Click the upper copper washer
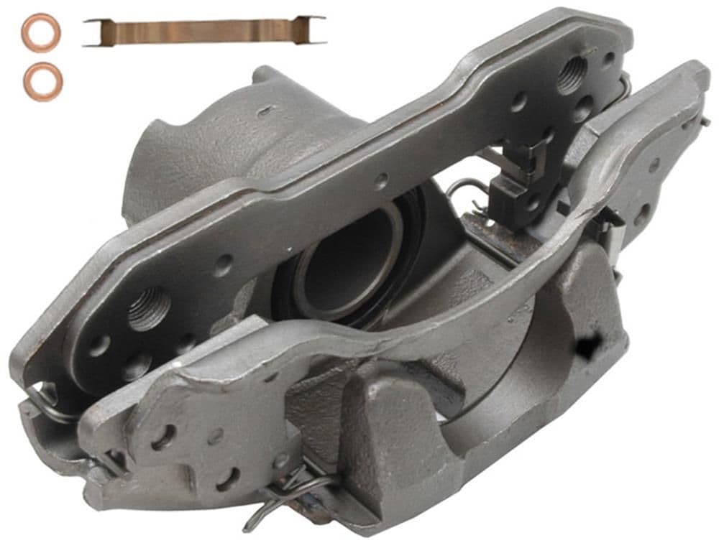(x=41, y=32)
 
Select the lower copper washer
(x=43, y=81)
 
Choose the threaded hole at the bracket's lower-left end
(x=149, y=309)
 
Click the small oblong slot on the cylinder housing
(x=267, y=111)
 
